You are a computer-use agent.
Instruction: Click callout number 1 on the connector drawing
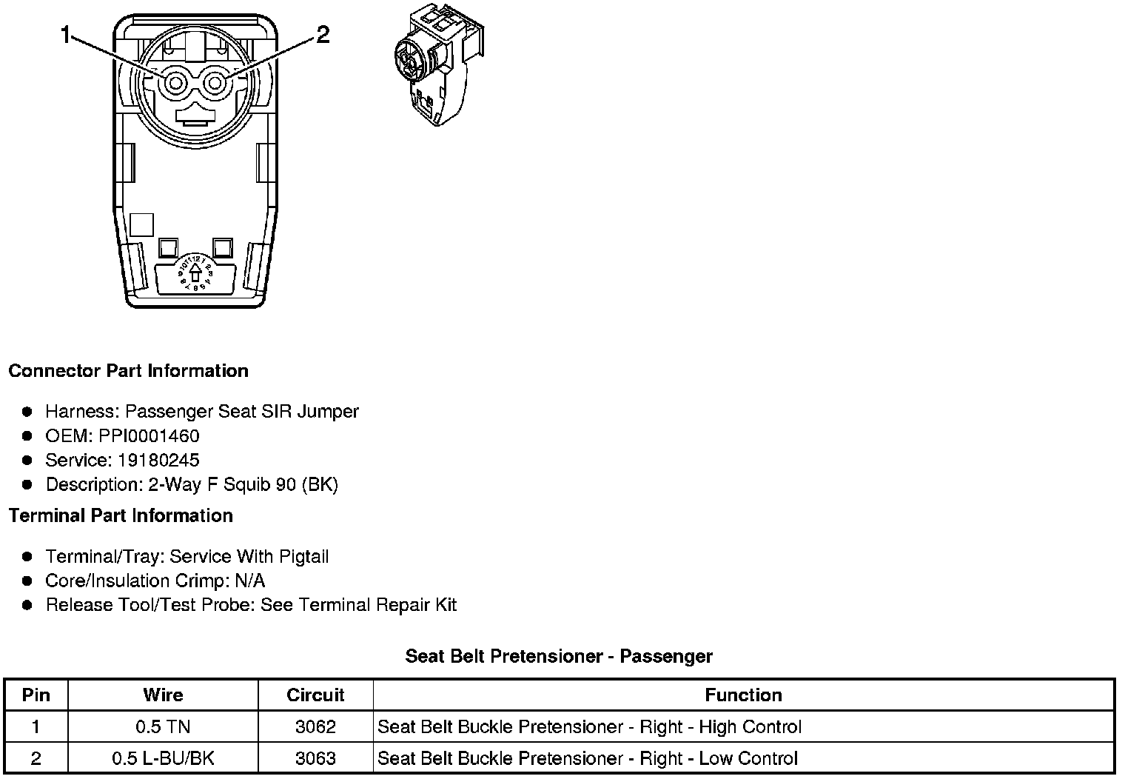[x=67, y=34]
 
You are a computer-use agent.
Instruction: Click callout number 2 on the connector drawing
[x=323, y=34]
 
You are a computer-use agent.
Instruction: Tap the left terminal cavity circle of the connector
[x=175, y=84]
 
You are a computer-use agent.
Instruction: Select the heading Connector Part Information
[x=128, y=371]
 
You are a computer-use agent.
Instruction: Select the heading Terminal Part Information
[x=121, y=515]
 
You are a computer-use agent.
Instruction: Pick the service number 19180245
[x=158, y=460]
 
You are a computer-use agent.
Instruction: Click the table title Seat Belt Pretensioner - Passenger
[x=559, y=656]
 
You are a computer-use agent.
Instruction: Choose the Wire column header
[x=163, y=695]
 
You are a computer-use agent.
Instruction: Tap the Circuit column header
[x=315, y=695]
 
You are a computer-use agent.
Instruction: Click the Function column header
[x=743, y=695]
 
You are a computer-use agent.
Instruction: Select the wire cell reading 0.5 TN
[x=163, y=727]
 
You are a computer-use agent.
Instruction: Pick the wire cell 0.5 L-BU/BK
[x=163, y=758]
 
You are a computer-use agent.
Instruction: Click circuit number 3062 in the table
[x=315, y=727]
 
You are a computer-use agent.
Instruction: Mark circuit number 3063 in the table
[x=315, y=758]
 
